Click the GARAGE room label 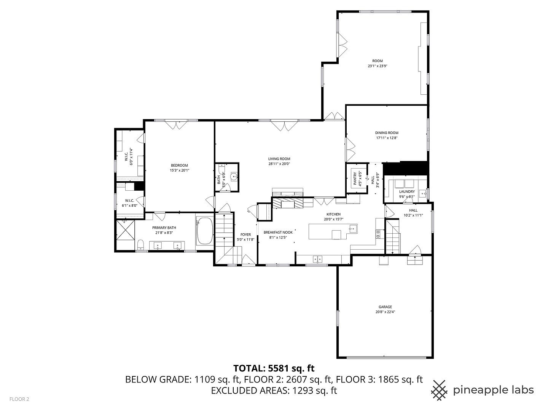[385, 307]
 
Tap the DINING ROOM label [387, 133]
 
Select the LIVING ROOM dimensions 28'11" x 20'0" [279, 164]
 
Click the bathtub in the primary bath [205, 231]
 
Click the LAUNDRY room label [407, 192]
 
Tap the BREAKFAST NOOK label [278, 232]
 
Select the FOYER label [245, 234]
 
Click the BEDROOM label [179, 165]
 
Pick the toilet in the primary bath [140, 244]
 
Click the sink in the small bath [234, 176]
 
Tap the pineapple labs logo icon [439, 390]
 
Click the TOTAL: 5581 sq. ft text [274, 368]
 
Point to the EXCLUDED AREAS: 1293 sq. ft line [274, 390]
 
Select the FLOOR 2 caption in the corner [19, 399]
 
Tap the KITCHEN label [334, 214]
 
